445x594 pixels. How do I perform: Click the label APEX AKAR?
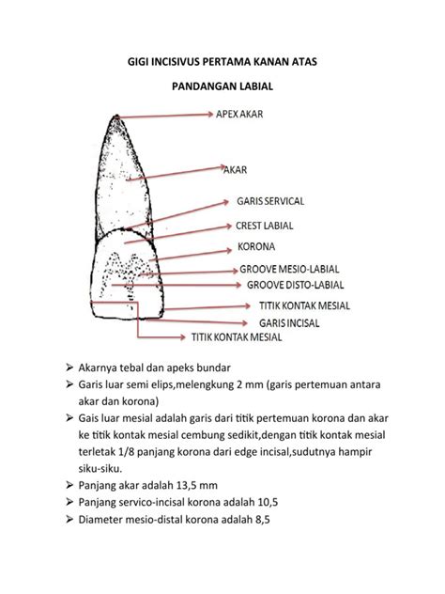coord(239,114)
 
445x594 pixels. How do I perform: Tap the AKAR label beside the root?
coord(236,170)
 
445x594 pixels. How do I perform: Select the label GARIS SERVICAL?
coord(270,201)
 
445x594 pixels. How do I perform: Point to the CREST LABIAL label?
coord(265,226)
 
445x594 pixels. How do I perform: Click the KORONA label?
coord(256,246)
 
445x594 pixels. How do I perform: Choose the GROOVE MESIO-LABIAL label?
coord(289,270)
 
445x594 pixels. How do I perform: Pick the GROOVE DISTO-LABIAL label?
coord(295,285)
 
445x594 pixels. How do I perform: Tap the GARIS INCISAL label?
coord(289,323)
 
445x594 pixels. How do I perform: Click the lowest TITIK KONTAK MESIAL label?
coord(237,337)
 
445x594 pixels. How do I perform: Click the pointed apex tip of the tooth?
coord(117,116)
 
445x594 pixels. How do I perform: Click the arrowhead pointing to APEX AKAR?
coord(211,114)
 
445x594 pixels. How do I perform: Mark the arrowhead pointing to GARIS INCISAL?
coord(245,323)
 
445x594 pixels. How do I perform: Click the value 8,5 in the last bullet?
coord(263,520)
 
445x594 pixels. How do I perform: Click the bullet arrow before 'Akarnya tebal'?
coord(69,367)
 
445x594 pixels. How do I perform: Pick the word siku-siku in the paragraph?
coord(95,469)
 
